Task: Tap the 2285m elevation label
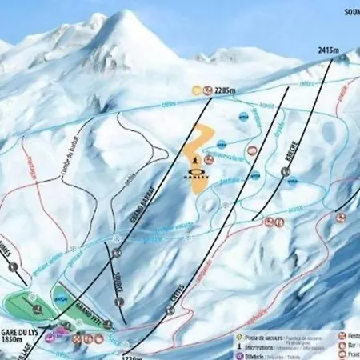(x=226, y=90)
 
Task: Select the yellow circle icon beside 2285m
(x=196, y=90)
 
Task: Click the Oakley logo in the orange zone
(x=199, y=178)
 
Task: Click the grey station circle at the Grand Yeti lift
(x=107, y=326)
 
